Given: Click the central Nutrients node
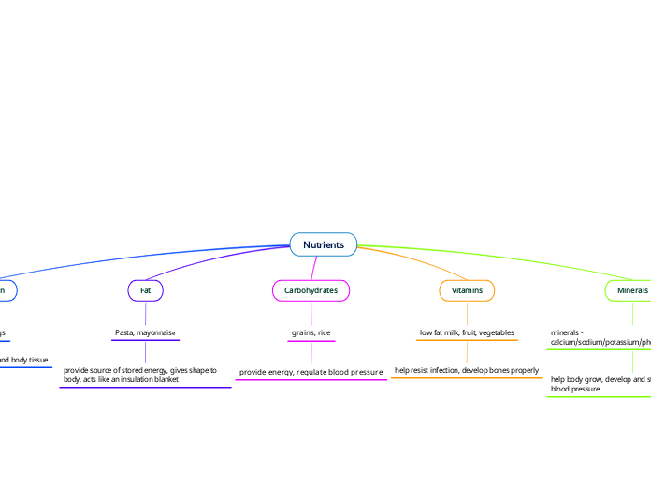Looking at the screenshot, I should tap(323, 245).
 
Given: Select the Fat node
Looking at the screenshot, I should tap(145, 290).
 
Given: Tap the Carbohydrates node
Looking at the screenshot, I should tap(311, 290).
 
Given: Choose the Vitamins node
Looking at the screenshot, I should tap(467, 290).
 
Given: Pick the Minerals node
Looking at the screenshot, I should tap(631, 290).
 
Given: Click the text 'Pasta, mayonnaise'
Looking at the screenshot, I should tap(145, 332).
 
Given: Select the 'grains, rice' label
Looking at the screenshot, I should tap(311, 332).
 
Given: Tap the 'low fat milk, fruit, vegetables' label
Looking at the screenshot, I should tap(467, 332).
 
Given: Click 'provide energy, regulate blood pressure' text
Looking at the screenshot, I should tap(311, 372).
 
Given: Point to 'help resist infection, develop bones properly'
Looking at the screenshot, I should tap(467, 371).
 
